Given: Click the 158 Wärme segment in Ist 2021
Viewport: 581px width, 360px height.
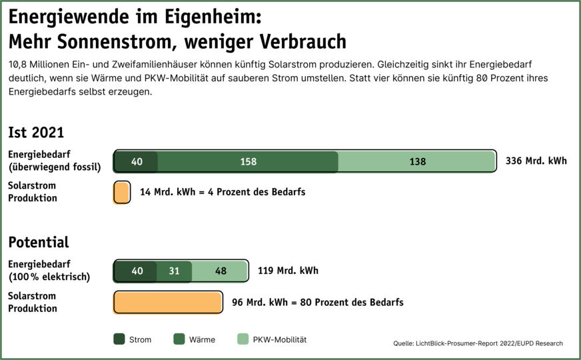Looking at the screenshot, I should click(248, 161).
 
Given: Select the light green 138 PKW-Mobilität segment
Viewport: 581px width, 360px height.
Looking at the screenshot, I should click(417, 161).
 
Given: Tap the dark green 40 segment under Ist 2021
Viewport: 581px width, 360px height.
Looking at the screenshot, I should click(136, 161).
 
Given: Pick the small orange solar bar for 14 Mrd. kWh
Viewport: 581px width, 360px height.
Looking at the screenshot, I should click(121, 192).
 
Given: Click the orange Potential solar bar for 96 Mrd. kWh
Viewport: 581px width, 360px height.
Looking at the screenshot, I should click(168, 302).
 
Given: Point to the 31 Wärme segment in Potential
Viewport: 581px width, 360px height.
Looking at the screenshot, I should click(174, 271).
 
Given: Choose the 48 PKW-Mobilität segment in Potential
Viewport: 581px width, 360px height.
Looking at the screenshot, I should click(220, 271).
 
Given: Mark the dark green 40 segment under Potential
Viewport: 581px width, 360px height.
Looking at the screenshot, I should click(136, 271).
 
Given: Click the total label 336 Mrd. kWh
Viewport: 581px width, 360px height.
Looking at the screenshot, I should click(536, 161).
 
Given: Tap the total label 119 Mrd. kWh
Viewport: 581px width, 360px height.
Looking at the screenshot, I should click(288, 271).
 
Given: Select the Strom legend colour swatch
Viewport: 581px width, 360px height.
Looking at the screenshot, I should click(119, 339).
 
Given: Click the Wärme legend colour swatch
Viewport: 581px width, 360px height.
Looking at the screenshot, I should click(179, 339).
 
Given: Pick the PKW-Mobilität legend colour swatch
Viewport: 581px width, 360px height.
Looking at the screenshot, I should click(243, 339).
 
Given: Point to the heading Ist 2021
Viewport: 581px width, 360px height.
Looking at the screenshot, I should click(36, 132).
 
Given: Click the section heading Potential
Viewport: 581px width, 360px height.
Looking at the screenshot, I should click(39, 241).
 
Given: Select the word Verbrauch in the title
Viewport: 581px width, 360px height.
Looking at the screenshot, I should click(306, 42).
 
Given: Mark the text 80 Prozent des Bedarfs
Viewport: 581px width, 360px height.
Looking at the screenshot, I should click(352, 302).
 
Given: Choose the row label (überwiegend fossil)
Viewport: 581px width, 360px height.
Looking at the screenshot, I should click(55, 167).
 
